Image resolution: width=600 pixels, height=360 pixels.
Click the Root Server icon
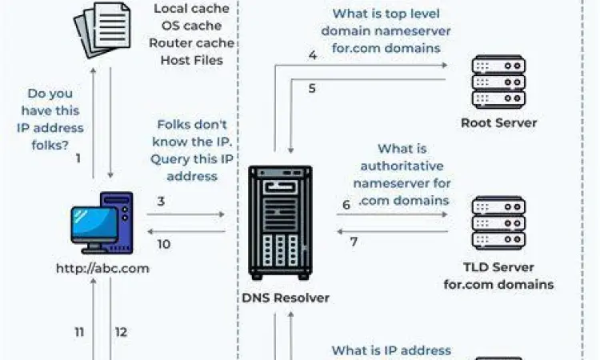(x=498, y=82)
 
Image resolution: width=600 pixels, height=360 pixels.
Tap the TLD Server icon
(x=498, y=223)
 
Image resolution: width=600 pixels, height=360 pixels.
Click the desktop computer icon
(x=102, y=223)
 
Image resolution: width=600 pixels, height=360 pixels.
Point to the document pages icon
(x=102, y=30)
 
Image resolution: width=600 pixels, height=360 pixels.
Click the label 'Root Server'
(x=498, y=123)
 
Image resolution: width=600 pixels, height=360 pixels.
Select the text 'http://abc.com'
(x=102, y=268)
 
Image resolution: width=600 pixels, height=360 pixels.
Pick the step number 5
(x=312, y=88)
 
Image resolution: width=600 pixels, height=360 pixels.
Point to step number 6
(x=346, y=205)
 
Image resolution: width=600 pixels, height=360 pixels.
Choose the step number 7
(x=353, y=241)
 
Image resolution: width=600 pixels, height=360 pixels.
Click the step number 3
(x=161, y=201)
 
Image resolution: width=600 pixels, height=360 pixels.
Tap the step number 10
(x=163, y=244)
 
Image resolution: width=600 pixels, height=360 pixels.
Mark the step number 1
(x=78, y=158)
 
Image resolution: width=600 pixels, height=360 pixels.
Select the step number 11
(x=79, y=332)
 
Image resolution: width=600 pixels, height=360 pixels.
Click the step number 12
(x=122, y=332)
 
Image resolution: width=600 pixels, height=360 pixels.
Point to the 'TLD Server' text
(x=498, y=267)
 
